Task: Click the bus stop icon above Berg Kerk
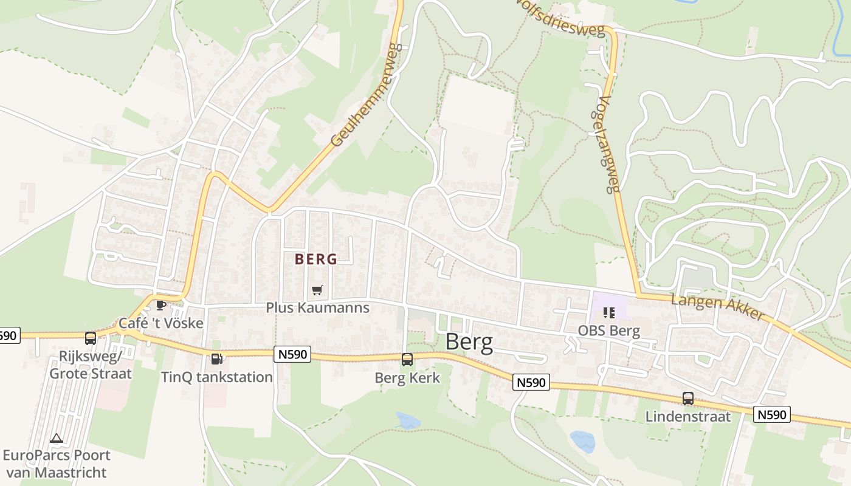tap(407, 359)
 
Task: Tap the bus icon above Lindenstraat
tap(687, 399)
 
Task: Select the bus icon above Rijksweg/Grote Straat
tap(91, 338)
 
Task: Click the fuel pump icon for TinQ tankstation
tap(216, 359)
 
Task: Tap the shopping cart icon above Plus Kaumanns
tap(317, 290)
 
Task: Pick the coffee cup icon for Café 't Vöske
tap(160, 305)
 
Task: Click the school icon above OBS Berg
tap(608, 313)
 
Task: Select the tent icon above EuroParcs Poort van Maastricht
tap(57, 438)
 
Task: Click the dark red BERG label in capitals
tap(316, 259)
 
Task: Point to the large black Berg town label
tap(469, 343)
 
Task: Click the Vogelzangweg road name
tap(607, 145)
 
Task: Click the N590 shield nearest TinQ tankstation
tap(292, 354)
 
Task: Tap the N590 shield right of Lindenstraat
tap(772, 415)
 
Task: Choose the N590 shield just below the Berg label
tap(532, 382)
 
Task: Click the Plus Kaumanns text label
tap(317, 308)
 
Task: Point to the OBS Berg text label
tap(610, 331)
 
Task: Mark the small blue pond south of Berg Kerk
tap(407, 420)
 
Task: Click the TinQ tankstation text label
tap(217, 377)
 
